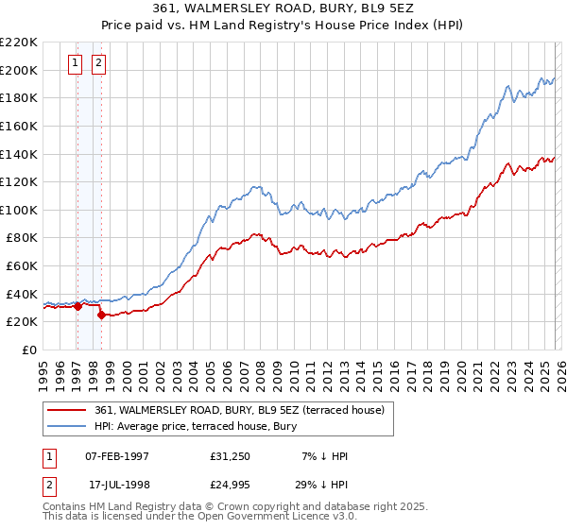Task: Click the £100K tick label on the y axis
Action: click(19, 210)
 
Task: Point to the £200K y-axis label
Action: click(19, 70)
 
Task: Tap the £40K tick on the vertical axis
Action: click(22, 294)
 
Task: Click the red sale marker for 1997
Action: click(77, 305)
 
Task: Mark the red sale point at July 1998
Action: click(101, 315)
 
